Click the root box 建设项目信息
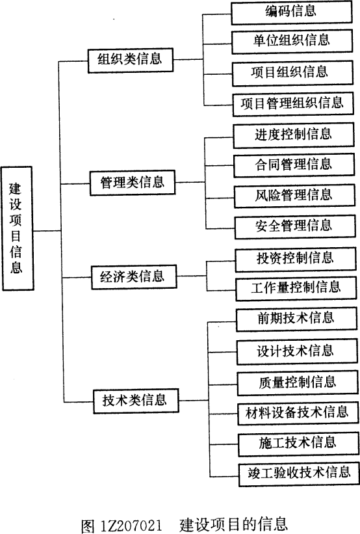[17, 228]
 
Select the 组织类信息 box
[131, 60]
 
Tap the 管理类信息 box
[133, 183]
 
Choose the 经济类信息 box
[134, 277]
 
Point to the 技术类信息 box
[136, 401]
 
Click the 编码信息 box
[292, 12]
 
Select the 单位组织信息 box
[292, 42]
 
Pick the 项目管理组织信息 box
[293, 105]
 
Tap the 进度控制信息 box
[294, 135]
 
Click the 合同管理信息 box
[294, 165]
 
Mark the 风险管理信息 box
[295, 196]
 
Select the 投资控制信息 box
[296, 260]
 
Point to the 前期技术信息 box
[297, 320]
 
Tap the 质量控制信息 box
[298, 384]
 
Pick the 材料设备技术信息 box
[298, 414]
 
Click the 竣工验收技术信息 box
[299, 474]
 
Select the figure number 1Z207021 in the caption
[131, 526]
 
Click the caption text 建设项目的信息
[234, 525]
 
